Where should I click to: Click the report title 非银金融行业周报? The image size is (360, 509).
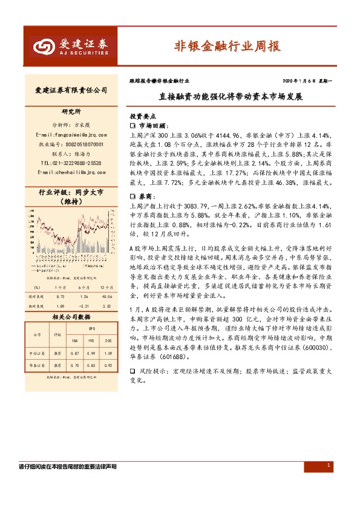(227, 45)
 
